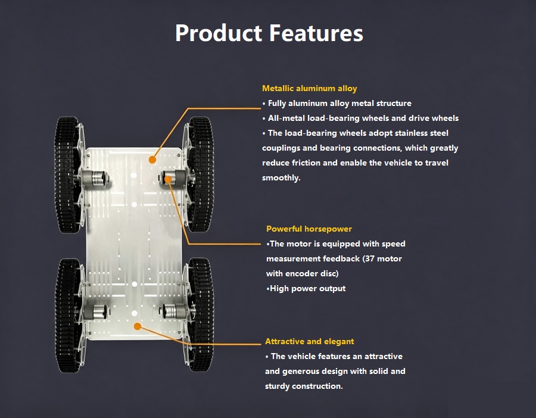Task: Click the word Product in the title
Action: (x=219, y=33)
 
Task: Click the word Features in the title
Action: (x=316, y=33)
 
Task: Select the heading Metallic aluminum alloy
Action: (x=309, y=89)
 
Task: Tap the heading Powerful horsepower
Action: (x=309, y=229)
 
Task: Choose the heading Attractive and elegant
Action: (x=309, y=341)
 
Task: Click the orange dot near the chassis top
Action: (x=152, y=160)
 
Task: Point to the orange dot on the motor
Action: (x=168, y=179)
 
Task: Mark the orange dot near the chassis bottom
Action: (x=138, y=326)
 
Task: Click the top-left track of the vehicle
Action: (x=67, y=174)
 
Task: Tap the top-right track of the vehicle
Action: (x=201, y=174)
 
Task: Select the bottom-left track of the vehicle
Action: (x=68, y=316)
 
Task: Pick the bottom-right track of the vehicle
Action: (x=201, y=314)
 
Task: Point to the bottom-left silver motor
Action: (x=96, y=311)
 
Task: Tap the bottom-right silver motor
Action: (x=174, y=311)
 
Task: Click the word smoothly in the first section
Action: (x=281, y=177)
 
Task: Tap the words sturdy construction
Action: (x=304, y=386)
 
